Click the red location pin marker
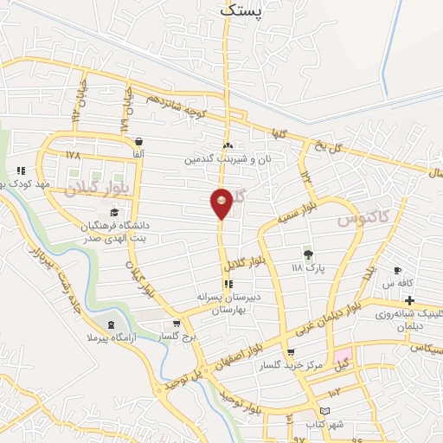(x=221, y=203)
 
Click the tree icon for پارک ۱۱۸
(x=307, y=254)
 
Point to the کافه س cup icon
(x=397, y=271)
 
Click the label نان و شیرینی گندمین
(x=228, y=159)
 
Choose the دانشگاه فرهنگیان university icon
(x=114, y=213)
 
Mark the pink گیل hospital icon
(x=343, y=358)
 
